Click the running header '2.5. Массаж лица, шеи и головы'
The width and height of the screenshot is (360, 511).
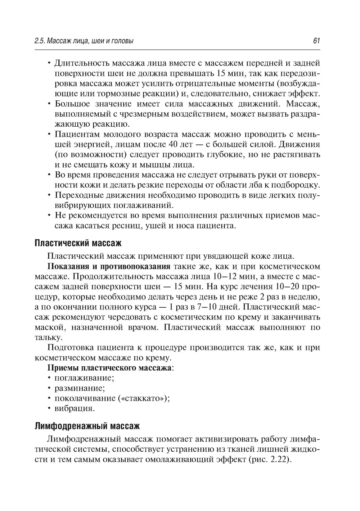pos(84,41)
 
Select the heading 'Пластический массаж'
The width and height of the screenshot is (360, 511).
pos(78,243)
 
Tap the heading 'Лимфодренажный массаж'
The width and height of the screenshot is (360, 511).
pos(87,426)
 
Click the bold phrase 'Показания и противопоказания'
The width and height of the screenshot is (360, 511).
pos(109,267)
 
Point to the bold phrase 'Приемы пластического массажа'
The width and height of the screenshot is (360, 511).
pos(110,368)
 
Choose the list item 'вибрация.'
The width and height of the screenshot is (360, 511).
pos(75,408)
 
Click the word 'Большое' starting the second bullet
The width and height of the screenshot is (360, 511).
pos(72,104)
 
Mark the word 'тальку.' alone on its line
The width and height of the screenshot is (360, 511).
pos(49,338)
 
